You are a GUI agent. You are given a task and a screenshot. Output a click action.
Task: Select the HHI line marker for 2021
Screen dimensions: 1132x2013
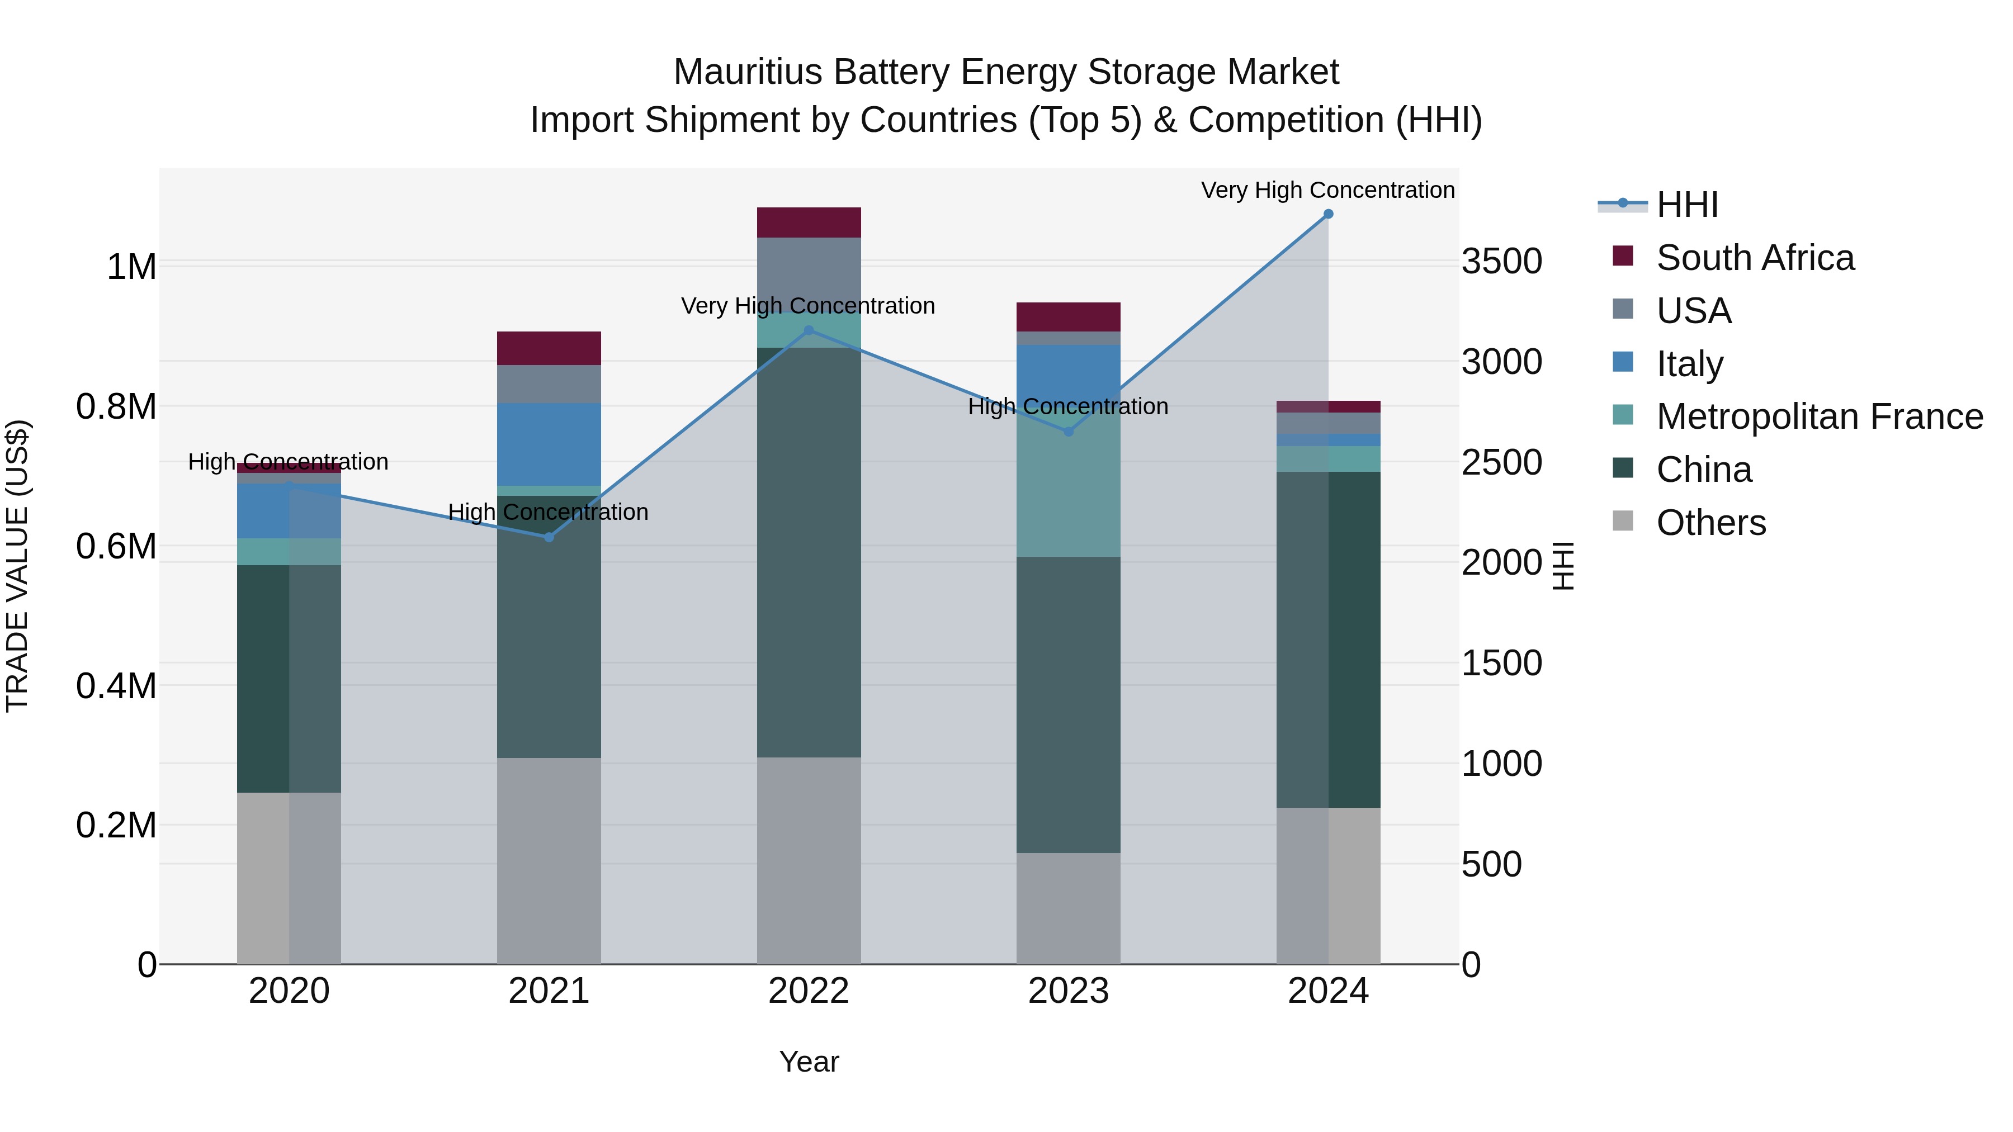pyautogui.click(x=549, y=537)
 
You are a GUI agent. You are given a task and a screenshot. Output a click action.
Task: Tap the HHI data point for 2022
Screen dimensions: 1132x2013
pyautogui.click(x=809, y=330)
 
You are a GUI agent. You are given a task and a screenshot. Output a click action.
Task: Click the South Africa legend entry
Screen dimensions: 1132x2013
pyautogui.click(x=1754, y=258)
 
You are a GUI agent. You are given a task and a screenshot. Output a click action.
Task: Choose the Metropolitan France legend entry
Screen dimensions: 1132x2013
pyautogui.click(x=1819, y=416)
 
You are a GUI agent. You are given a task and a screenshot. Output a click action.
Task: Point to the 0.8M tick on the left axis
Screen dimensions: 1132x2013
pyautogui.click(x=116, y=407)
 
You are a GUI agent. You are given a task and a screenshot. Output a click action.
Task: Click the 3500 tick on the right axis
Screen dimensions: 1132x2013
pyautogui.click(x=1501, y=261)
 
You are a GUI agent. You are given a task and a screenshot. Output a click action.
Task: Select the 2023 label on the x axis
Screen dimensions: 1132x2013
pyautogui.click(x=1068, y=991)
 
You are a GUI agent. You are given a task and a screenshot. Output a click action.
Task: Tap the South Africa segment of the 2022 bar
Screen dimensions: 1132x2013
pyautogui.click(x=809, y=222)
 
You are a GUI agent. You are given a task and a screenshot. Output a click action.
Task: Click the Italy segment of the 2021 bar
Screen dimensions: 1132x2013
pyautogui.click(x=549, y=444)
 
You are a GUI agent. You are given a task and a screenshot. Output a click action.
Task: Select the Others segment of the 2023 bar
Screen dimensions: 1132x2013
pyautogui.click(x=1068, y=908)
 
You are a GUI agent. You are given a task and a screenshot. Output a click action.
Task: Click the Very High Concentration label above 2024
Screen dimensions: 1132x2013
pyautogui.click(x=1327, y=190)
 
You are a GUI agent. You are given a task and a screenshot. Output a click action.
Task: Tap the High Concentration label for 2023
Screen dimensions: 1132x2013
pyautogui.click(x=1067, y=406)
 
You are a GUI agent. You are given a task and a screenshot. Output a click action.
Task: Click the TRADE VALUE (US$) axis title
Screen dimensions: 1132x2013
pyautogui.click(x=17, y=566)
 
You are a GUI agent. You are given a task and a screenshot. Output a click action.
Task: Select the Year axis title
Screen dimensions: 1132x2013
pyautogui.click(x=809, y=1062)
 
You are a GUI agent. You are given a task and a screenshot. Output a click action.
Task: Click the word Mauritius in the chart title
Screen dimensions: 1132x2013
pyautogui.click(x=748, y=72)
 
